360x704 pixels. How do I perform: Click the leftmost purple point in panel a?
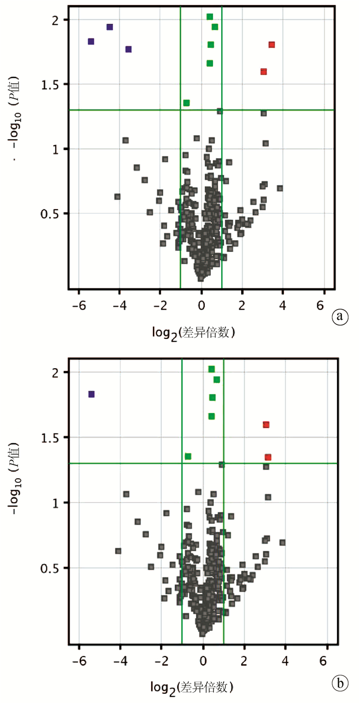[x=91, y=41]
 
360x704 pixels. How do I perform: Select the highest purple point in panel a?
[x=110, y=27]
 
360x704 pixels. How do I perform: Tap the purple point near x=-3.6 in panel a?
[x=129, y=49]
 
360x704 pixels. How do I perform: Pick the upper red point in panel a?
[x=272, y=45]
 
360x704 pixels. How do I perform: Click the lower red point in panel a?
[x=264, y=71]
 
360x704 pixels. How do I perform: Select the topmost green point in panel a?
[x=210, y=16]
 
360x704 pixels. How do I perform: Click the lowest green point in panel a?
[x=187, y=103]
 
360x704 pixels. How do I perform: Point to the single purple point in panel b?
[x=92, y=394]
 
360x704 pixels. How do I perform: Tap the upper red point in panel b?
[x=266, y=425]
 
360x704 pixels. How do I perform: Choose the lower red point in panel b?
[x=268, y=457]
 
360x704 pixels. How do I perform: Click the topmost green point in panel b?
[x=211, y=369]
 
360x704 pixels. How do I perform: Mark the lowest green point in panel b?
[x=188, y=456]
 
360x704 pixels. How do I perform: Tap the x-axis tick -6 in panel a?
[x=76, y=303]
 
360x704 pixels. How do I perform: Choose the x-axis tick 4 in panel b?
[x=284, y=659]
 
